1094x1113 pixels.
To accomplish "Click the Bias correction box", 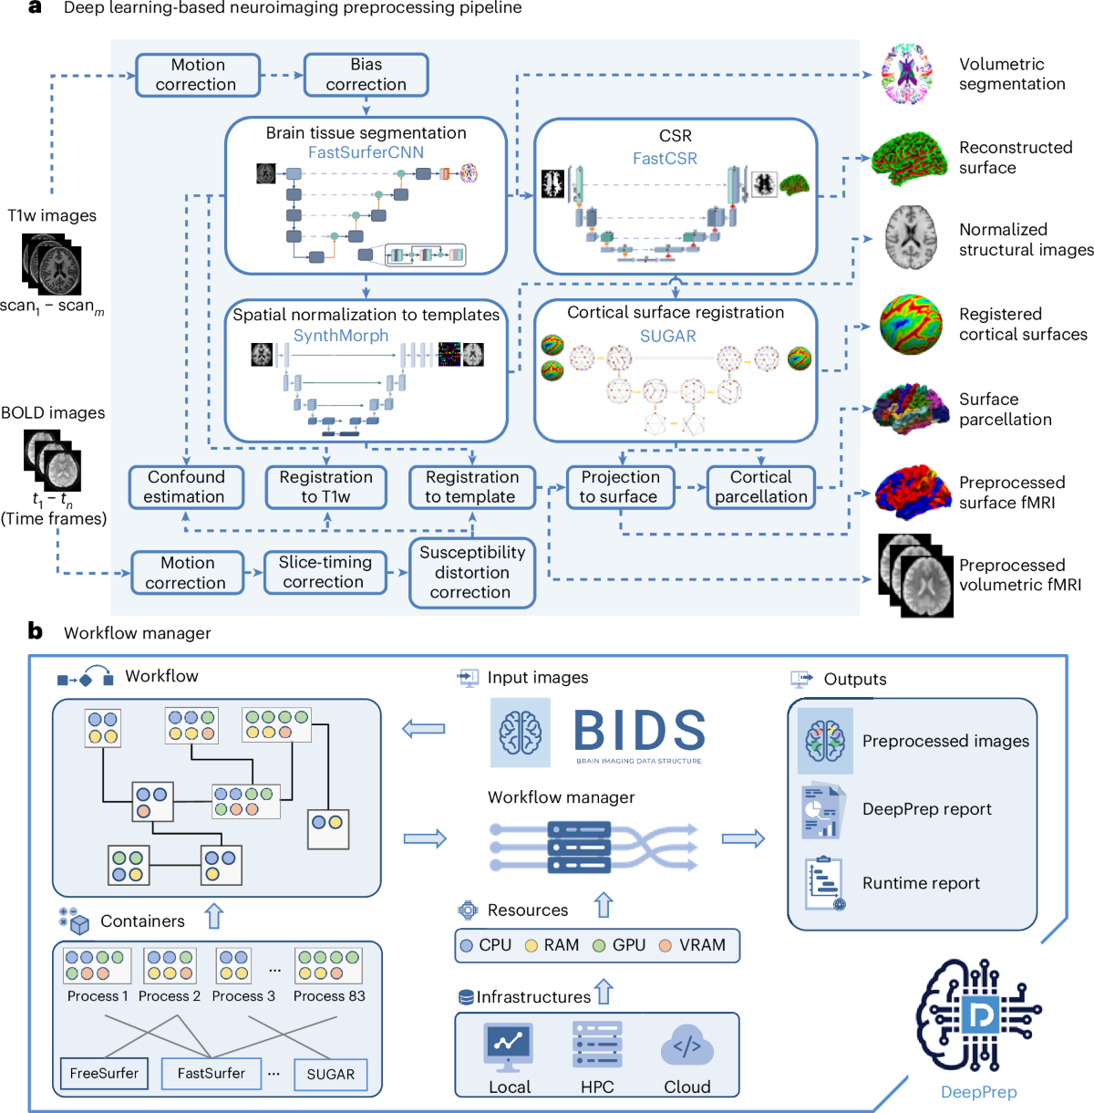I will (366, 75).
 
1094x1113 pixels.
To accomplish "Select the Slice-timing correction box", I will (325, 573).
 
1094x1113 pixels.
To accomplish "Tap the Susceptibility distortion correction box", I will (471, 573).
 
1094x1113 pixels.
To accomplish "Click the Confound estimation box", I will (186, 487).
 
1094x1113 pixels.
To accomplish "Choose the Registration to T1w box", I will (325, 487).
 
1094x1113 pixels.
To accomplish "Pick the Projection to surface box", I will (620, 487).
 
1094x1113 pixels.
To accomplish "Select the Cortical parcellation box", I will (760, 487).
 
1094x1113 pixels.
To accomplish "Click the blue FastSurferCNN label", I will (366, 152).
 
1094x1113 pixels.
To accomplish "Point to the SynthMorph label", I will (340, 336).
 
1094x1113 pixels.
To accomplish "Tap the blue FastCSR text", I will (665, 159).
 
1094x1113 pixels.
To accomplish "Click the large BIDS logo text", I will (640, 732).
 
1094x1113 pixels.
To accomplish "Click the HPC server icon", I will (597, 1045).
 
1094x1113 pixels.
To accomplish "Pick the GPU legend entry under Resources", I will (619, 945).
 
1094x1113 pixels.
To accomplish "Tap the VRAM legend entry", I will (692, 945).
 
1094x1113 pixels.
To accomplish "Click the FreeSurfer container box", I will (104, 1074).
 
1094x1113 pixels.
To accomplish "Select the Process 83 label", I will (329, 996).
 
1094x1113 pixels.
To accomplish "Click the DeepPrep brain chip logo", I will (979, 1014).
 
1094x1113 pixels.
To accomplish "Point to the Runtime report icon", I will (824, 883).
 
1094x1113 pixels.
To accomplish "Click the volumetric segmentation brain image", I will (906, 74).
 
